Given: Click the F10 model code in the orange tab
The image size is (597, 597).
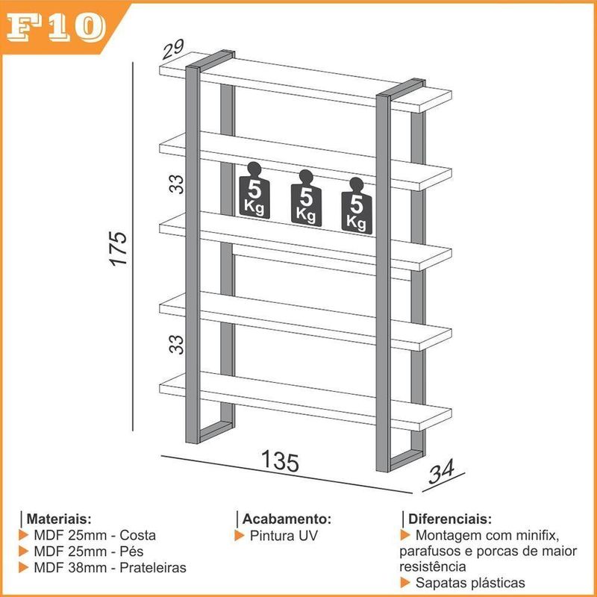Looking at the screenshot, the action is pos(55,28).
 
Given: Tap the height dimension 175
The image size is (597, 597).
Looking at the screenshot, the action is pos(119,249).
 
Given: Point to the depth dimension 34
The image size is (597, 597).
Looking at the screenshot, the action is pos(441,471).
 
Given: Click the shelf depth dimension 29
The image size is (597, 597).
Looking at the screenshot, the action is pos(173,49).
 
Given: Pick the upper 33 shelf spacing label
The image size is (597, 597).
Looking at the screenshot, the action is pos(176,184).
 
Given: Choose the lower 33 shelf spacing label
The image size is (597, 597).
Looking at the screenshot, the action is pos(176,345).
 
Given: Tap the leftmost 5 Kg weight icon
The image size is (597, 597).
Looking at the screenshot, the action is pos(254,190).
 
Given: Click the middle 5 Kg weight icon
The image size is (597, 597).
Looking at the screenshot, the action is pos(306,198).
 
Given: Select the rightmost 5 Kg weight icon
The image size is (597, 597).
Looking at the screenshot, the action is pos(357,206).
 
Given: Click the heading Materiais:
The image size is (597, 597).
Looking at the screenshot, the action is pos(59,519).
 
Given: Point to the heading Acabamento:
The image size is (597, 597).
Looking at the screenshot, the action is pos(287,519).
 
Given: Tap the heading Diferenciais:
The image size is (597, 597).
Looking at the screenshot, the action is pos(450,519).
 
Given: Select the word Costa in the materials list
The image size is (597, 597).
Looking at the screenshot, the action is pos(138,535).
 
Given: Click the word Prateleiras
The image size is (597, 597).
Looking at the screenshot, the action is pos(153,568).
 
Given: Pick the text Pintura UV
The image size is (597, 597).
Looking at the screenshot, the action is pos(284,536).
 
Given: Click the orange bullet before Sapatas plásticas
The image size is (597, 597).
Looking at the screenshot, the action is pos(405,583).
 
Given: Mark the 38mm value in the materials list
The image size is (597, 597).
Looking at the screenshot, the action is pos(87,568).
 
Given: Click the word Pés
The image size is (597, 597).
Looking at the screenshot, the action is pos(131,551).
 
